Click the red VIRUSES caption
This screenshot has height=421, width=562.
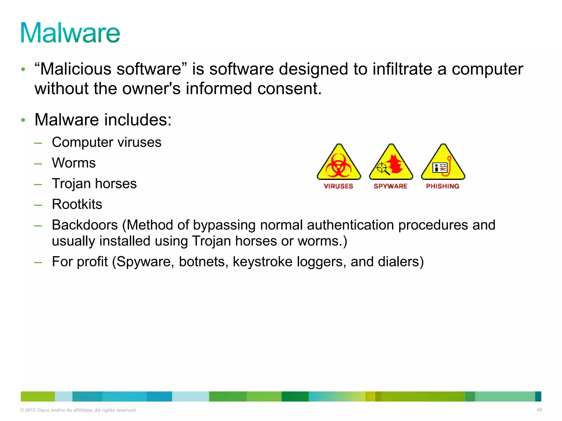click(x=338, y=186)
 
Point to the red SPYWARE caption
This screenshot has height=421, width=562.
click(x=390, y=186)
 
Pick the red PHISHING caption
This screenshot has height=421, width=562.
click(x=443, y=186)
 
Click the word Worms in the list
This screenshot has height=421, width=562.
click(x=74, y=163)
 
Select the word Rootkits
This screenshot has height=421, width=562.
click(x=77, y=204)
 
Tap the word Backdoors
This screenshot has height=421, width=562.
click(x=85, y=225)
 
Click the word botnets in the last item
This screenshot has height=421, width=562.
click(x=203, y=261)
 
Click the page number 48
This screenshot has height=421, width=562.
click(x=539, y=410)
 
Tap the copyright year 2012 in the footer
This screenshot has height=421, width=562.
click(x=30, y=410)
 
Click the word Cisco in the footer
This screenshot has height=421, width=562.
click(x=43, y=410)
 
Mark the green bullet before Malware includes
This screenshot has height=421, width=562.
click(x=23, y=120)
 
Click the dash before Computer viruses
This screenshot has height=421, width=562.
click(x=38, y=143)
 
